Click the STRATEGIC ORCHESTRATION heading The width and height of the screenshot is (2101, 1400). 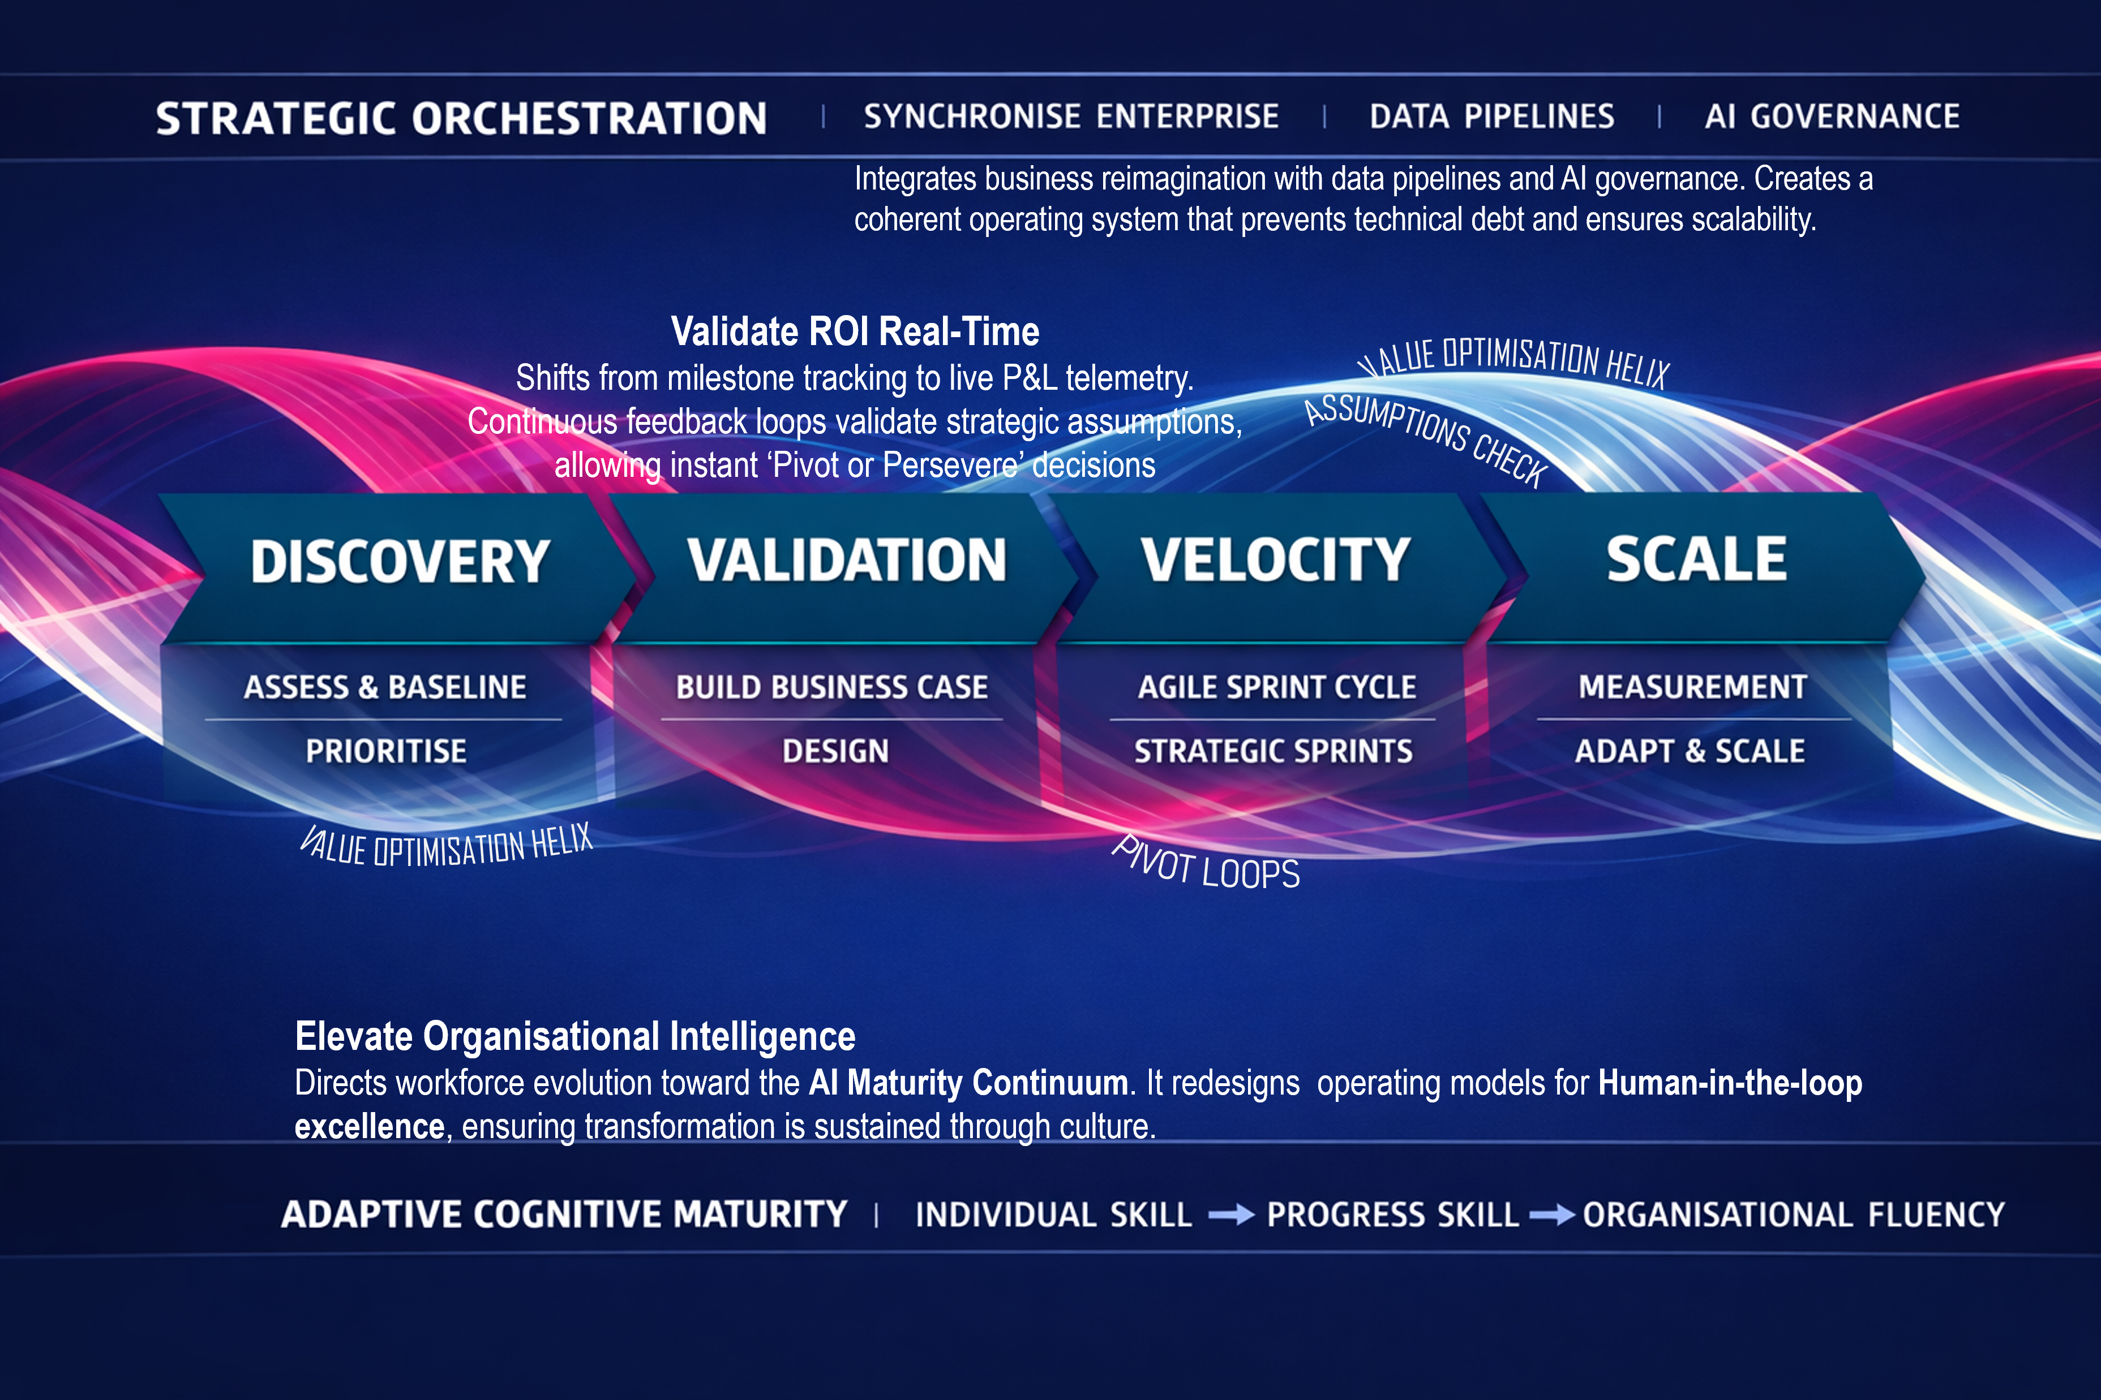461,119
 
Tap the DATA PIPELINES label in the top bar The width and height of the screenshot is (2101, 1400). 1492,117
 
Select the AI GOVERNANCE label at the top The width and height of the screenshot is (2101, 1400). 1831,117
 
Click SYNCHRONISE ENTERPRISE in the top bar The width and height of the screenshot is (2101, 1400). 1071,117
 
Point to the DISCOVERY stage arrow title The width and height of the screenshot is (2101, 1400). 399,562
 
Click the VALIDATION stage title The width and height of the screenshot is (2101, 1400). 846,561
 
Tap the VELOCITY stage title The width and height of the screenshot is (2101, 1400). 1276,560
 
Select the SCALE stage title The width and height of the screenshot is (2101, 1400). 1696,560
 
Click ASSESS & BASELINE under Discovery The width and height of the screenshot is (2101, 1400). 385,687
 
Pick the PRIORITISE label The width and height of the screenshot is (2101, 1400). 386,751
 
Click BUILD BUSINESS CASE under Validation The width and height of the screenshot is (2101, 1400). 831,687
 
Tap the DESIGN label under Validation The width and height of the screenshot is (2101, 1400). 835,751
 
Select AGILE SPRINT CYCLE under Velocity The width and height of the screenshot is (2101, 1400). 1276,687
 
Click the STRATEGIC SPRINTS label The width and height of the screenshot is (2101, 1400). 1273,751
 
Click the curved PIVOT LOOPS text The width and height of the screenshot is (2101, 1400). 1206,864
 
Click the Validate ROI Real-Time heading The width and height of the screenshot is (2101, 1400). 855,331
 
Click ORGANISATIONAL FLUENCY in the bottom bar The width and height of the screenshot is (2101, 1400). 1794,1215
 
